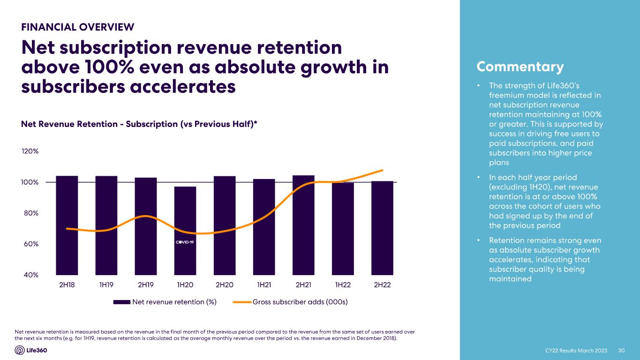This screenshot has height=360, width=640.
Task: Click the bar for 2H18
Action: point(67,225)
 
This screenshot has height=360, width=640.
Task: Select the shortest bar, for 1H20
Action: point(185,231)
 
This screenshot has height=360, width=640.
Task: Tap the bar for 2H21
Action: point(303,225)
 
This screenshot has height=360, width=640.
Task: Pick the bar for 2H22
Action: point(382,228)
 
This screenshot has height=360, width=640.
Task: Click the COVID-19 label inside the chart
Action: point(185,242)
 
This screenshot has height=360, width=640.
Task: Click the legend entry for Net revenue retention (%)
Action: point(165,302)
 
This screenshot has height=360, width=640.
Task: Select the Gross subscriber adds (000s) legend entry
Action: point(290,302)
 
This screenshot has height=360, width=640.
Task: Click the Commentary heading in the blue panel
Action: point(520,67)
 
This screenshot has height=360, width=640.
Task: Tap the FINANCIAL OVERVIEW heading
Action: point(78,27)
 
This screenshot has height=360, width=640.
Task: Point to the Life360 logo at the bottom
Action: point(31,350)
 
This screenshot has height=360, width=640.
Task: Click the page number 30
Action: point(622,351)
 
